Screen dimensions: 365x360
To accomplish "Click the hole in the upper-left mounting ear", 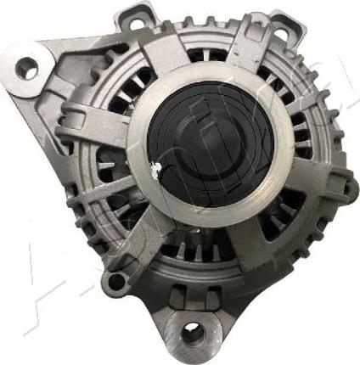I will point(28,67).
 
